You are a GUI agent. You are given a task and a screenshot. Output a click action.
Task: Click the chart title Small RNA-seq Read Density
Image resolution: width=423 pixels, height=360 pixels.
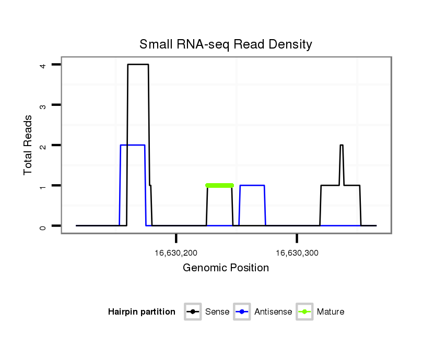(226, 44)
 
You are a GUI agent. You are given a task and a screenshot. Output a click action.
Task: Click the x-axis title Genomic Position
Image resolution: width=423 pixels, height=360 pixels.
(226, 268)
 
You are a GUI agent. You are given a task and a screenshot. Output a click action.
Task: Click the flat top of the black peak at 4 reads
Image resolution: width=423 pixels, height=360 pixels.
(138, 65)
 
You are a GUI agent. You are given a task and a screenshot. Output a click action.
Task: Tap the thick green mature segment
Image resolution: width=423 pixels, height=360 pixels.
(219, 185)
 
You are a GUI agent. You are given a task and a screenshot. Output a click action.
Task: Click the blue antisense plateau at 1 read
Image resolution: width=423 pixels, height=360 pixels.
(252, 185)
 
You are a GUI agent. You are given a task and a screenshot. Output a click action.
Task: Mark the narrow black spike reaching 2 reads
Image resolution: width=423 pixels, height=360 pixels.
(342, 146)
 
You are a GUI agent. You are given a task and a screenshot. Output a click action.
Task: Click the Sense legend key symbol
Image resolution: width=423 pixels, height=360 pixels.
(193, 312)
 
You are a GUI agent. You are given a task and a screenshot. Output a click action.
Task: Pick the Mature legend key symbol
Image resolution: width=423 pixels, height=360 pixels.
(304, 312)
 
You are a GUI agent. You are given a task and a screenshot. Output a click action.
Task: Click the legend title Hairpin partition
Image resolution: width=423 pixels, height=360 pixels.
(142, 312)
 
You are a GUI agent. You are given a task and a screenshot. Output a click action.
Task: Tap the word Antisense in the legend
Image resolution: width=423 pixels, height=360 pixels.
(273, 312)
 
